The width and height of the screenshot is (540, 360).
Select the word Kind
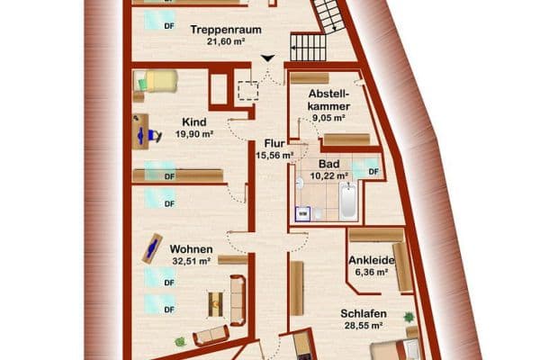click(193, 122)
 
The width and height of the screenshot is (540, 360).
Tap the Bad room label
click(328, 164)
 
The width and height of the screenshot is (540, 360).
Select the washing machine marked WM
click(304, 213)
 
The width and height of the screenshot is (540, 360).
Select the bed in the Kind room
click(158, 82)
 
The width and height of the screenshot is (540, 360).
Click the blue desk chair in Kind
click(155, 135)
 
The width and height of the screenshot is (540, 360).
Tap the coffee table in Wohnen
click(216, 303)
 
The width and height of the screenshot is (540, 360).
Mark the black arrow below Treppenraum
click(267, 59)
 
